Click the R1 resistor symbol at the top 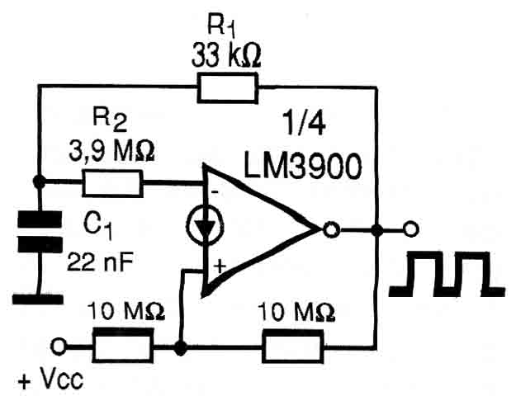[228, 87]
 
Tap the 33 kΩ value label [226, 55]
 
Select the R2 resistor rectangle [112, 183]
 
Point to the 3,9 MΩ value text [111, 152]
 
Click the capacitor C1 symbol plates [40, 232]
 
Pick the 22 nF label [101, 262]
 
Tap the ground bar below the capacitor [38, 299]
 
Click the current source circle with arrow [205, 226]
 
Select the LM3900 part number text [303, 167]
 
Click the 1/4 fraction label [305, 124]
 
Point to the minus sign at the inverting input [215, 191]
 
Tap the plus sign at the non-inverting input [220, 266]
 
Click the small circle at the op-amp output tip [331, 229]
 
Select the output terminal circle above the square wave [410, 229]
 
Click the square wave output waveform [447, 274]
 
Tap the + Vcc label [50, 380]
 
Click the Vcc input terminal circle [59, 346]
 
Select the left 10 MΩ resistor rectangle [123, 345]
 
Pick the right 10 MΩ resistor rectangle [292, 346]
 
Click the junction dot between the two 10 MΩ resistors [180, 347]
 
